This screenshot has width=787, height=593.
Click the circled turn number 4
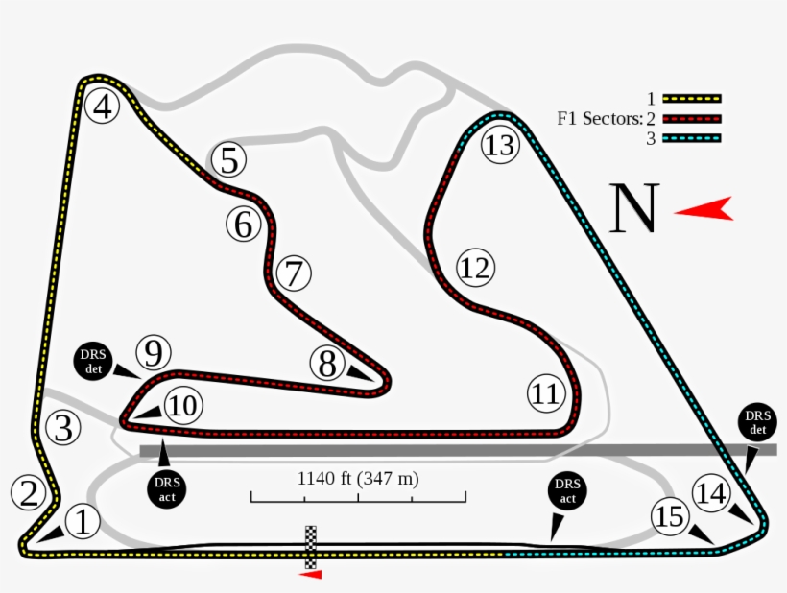click(x=103, y=107)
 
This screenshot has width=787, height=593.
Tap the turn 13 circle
click(x=499, y=146)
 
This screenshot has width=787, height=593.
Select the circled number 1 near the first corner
click(x=83, y=523)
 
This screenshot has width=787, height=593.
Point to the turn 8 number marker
click(x=328, y=364)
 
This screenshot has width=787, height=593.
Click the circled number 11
click(x=545, y=393)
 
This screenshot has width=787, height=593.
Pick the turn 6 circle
click(x=244, y=225)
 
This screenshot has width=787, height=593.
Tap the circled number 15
click(x=670, y=516)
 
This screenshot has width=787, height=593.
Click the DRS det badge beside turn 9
click(x=93, y=359)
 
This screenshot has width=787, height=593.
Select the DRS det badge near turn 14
click(x=758, y=422)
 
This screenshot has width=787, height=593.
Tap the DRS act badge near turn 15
click(x=566, y=493)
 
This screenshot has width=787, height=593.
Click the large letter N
click(x=633, y=209)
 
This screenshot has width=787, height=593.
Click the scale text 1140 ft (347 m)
click(x=358, y=478)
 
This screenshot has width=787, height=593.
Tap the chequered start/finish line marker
click(x=311, y=547)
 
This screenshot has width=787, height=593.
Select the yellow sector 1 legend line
click(x=691, y=98)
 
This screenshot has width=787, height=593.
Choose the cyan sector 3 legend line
click(x=691, y=138)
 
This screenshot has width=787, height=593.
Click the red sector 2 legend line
click(x=691, y=119)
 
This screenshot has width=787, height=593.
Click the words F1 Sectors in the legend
click(x=599, y=119)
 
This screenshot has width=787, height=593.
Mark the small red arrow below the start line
click(x=311, y=575)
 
